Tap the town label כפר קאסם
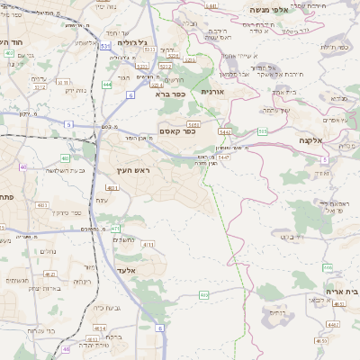coord(180,130)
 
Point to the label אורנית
coord(212,92)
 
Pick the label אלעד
coord(127,269)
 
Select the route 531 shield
coord(106,45)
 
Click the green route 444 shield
coord(107,85)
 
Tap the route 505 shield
coord(262,131)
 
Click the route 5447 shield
coord(222,157)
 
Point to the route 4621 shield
coord(49,274)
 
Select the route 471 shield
coord(115,229)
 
